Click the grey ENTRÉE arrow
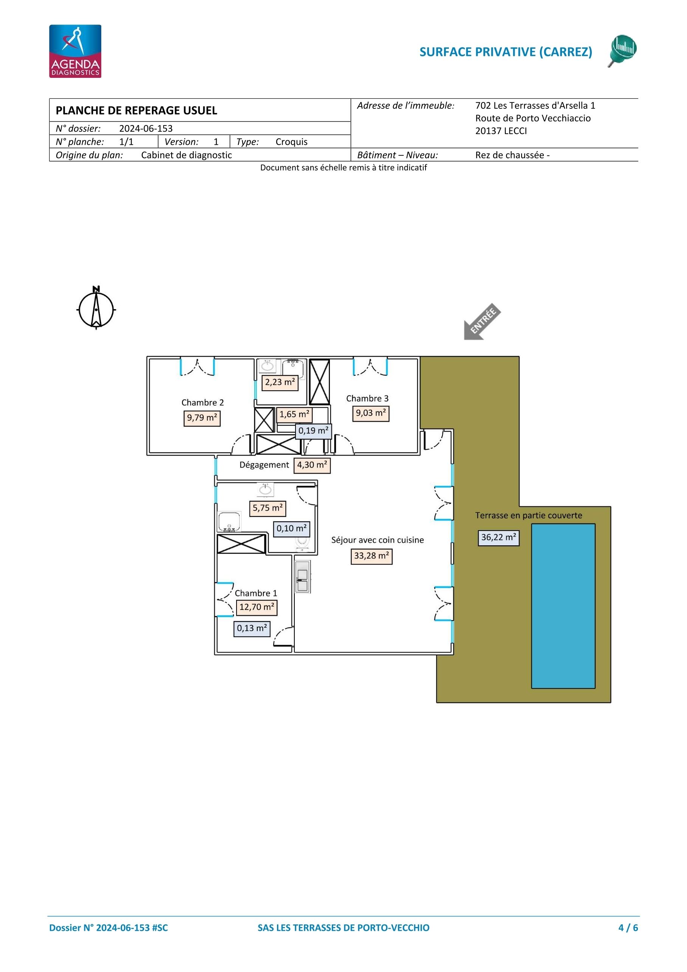(483, 321)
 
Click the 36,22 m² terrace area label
(499, 538)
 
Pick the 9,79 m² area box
(202, 418)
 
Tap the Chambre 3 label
(367, 398)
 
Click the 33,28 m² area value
(371, 556)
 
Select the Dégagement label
(264, 465)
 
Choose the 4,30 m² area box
(312, 465)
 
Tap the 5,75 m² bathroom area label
(268, 508)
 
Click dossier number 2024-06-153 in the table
(145, 129)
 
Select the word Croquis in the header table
(291, 142)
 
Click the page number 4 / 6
(628, 927)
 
